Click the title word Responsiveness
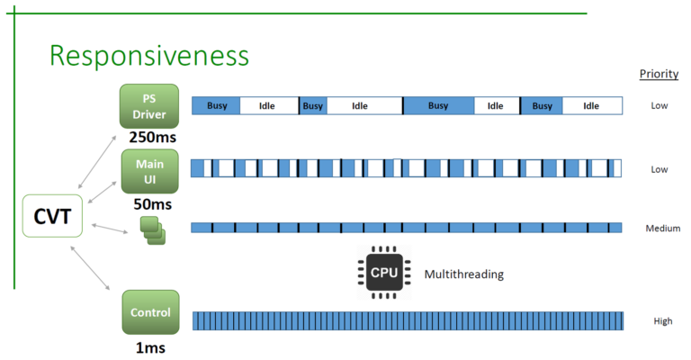[148, 56]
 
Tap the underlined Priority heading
[658, 74]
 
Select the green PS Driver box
[150, 106]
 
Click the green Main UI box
[149, 171]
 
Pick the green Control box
[150, 313]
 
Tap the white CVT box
[53, 217]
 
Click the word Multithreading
[464, 274]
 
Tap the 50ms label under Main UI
[150, 203]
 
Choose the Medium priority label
[662, 229]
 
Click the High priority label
[662, 321]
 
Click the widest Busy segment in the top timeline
[438, 106]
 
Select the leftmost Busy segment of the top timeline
[217, 106]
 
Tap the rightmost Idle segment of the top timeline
[591, 106]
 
